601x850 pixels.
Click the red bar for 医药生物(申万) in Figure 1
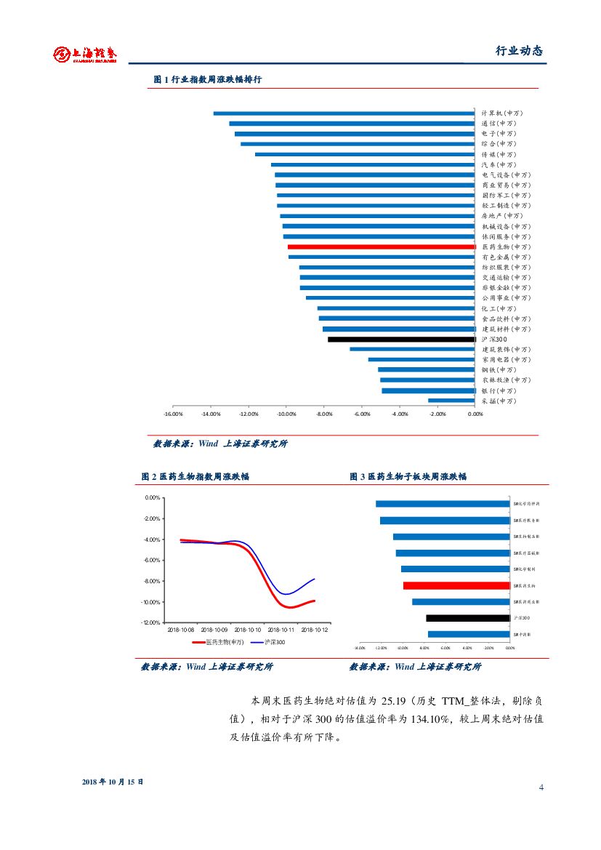point(382,247)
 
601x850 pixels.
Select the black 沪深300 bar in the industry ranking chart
point(401,340)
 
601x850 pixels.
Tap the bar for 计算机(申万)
point(344,113)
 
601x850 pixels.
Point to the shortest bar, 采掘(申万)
point(451,401)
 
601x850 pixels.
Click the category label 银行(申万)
point(499,390)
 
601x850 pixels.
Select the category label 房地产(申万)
point(502,216)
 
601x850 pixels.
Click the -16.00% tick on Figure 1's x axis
point(172,414)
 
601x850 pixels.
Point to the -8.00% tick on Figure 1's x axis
point(323,414)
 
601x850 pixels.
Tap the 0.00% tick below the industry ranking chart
point(475,414)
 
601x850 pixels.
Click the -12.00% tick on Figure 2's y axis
point(150,623)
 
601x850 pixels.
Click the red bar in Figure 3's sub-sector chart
point(456,585)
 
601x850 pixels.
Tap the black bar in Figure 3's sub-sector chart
point(468,618)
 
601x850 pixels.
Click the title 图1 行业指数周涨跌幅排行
point(207,79)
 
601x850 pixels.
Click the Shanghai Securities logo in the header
point(85,55)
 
